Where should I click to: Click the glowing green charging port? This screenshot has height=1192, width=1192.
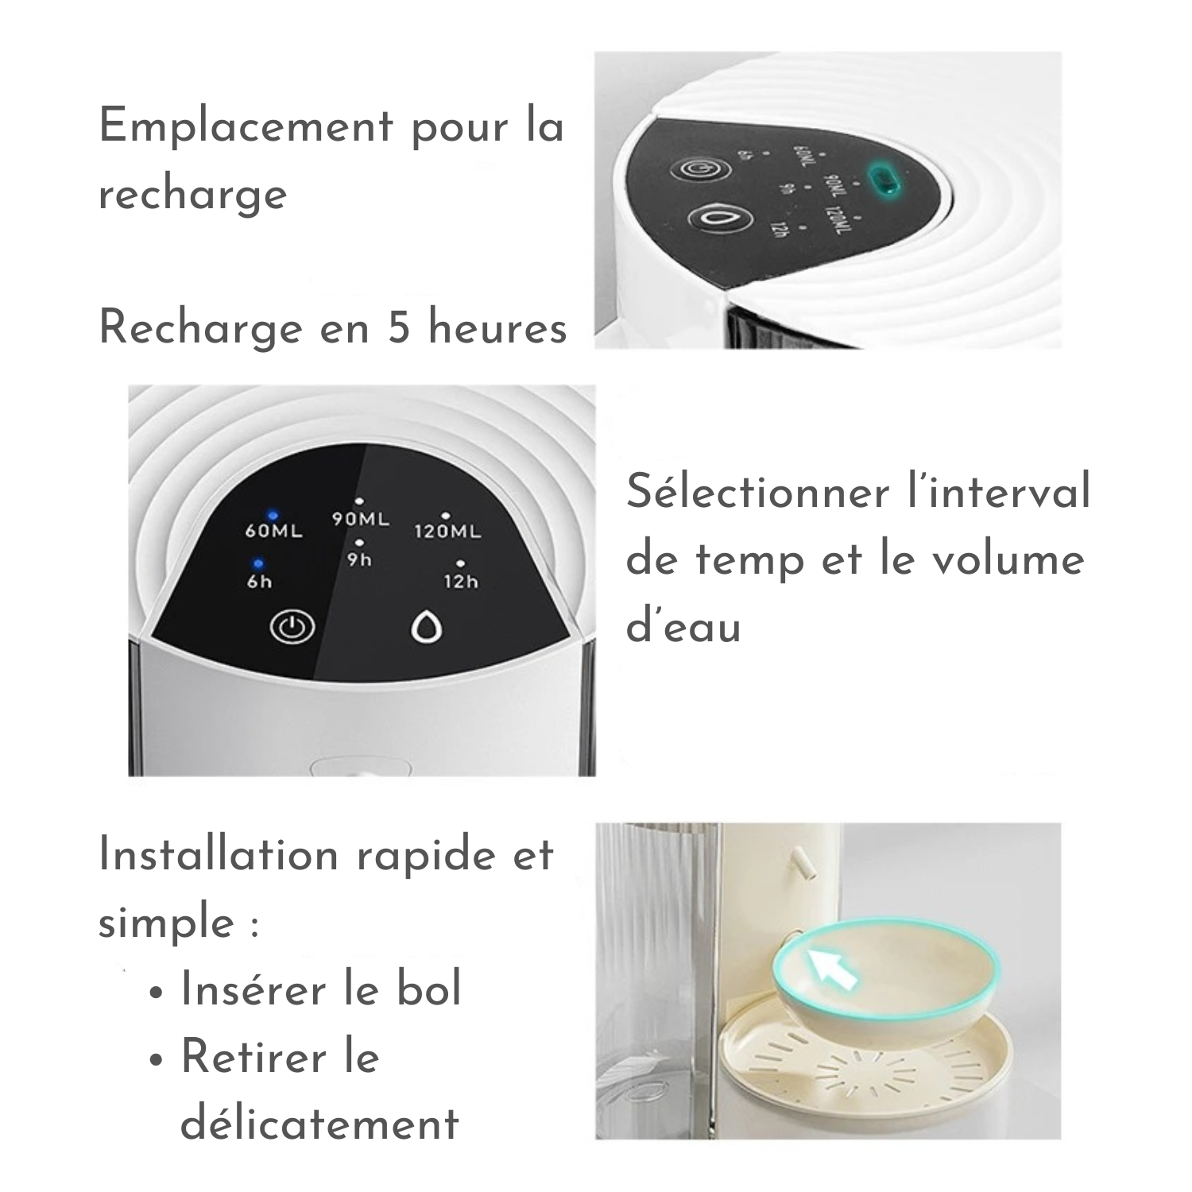(x=883, y=179)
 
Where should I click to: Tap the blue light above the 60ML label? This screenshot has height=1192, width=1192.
(x=273, y=514)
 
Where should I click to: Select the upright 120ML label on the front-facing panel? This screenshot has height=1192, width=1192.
(x=447, y=531)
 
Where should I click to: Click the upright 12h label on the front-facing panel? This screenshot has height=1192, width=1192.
(x=461, y=582)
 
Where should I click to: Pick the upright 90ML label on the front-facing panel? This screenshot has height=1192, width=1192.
(x=361, y=519)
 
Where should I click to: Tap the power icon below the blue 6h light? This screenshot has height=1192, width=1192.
(x=292, y=627)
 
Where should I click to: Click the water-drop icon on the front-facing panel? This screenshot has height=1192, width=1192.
(x=426, y=628)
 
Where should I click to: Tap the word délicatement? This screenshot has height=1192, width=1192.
(x=320, y=1124)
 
